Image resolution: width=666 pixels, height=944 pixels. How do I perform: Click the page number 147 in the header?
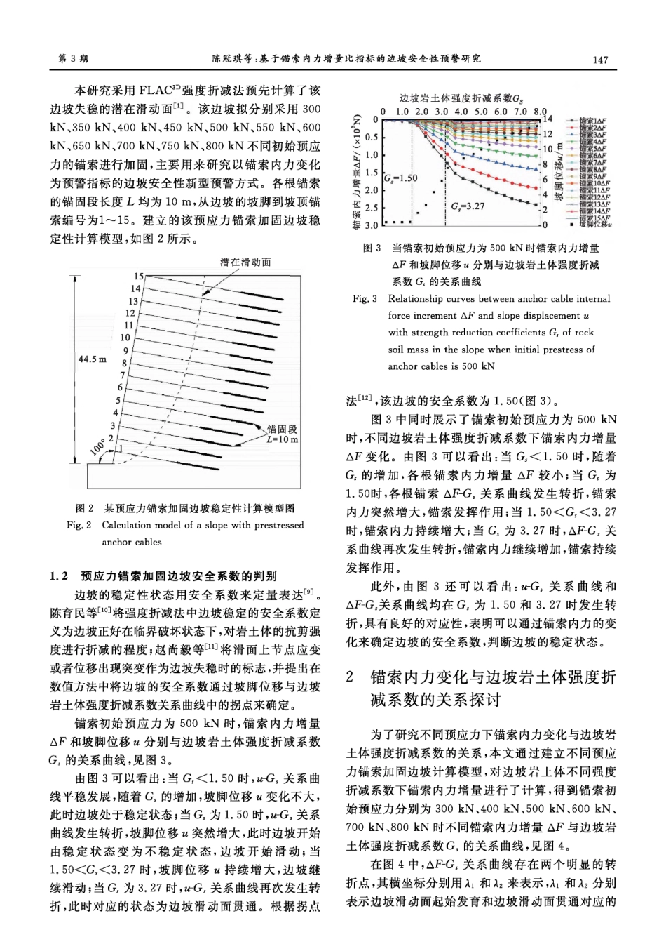[600, 60]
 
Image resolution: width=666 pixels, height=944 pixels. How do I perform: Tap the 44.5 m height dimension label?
[93, 359]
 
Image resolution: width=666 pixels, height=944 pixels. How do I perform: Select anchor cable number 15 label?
[139, 277]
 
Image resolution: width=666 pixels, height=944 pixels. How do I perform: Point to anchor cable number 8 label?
[124, 364]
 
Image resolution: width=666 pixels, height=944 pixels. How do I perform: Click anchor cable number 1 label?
[121, 447]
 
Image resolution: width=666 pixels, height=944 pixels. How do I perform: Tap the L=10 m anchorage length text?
[283, 440]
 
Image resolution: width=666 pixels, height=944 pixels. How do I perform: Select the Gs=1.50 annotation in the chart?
[400, 178]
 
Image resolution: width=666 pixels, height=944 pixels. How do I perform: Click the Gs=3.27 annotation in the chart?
[468, 206]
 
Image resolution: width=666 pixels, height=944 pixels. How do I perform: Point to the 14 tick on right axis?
[548, 119]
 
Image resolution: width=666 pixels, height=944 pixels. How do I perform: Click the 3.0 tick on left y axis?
[371, 225]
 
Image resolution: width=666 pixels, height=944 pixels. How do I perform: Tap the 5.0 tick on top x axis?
[480, 111]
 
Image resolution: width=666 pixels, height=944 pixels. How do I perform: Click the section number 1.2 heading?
[59, 576]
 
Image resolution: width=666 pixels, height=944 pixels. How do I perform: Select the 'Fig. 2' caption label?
[79, 525]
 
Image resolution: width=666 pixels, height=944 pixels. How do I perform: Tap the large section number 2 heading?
[351, 677]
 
